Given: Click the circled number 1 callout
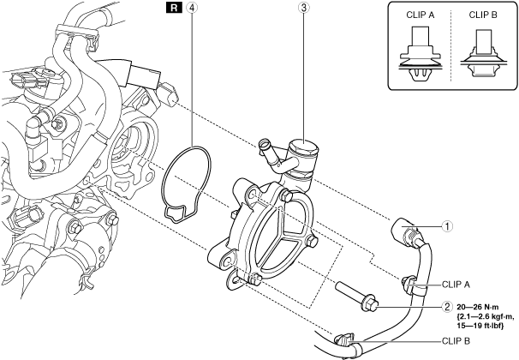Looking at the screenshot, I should (x=445, y=227).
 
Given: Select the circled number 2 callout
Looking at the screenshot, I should (x=445, y=307).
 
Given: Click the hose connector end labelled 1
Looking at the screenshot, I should (x=405, y=231).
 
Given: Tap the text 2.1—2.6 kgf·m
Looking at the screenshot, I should (x=486, y=316).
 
